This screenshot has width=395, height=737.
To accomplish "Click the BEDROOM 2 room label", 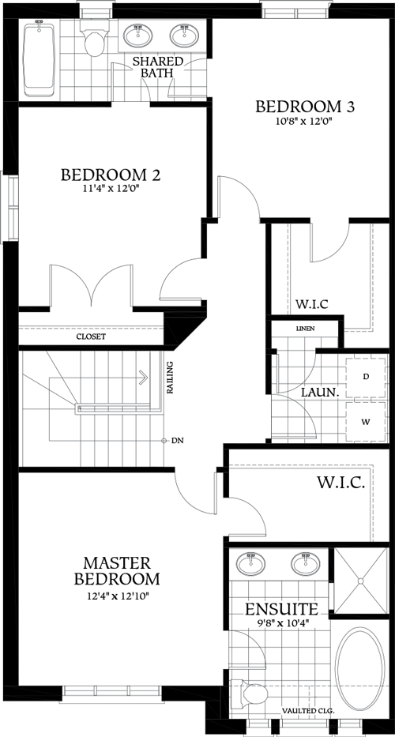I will (111, 175).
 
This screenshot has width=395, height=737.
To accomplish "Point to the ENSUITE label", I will (281, 610).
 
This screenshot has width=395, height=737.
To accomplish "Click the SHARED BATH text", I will (157, 67).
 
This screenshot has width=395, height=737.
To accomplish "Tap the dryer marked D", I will (367, 376).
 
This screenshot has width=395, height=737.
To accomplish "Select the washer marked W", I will (367, 421).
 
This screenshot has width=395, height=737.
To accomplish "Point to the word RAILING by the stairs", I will (170, 378).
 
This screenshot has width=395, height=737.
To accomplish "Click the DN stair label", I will (177, 440).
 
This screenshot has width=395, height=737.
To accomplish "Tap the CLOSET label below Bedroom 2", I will (91, 337).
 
